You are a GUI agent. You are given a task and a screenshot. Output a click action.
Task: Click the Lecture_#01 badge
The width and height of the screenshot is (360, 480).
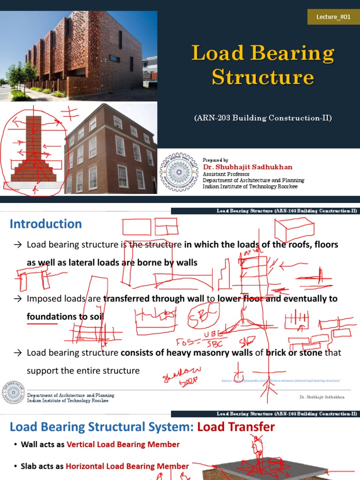coord(333,17)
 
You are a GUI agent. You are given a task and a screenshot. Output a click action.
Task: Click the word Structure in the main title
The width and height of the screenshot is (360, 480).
coord(262,77)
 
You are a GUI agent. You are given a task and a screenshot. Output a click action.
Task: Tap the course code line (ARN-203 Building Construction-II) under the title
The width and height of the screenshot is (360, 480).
coord(263,118)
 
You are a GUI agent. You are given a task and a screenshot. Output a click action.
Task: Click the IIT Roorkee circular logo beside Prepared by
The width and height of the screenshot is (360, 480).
coord(179,172)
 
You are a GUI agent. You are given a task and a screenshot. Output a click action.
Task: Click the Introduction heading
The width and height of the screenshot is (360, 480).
coord(46,224)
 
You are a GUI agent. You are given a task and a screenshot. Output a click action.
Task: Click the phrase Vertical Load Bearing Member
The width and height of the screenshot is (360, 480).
coord(123,444)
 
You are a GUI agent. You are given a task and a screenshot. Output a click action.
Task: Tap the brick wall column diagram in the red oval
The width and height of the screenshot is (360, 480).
coord(34,150)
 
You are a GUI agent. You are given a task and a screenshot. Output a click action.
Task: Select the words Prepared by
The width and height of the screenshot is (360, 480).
coord(216,160)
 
